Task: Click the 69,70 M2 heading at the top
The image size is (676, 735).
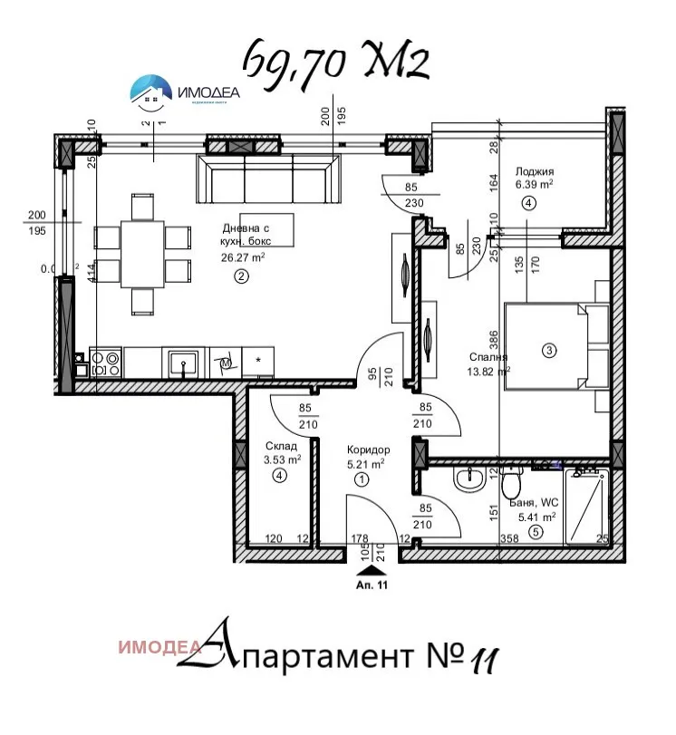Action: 334,62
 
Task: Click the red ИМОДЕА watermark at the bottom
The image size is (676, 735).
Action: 158,647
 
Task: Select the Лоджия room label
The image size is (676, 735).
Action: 534,171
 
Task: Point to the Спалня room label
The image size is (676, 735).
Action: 488,357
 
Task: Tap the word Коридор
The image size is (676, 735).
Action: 368,450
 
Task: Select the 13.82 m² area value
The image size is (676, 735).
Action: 488,371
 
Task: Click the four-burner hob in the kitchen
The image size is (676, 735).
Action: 106,363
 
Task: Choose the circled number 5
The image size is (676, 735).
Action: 536,532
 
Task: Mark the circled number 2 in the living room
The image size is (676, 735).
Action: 240,277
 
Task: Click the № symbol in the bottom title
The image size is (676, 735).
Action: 443,653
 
